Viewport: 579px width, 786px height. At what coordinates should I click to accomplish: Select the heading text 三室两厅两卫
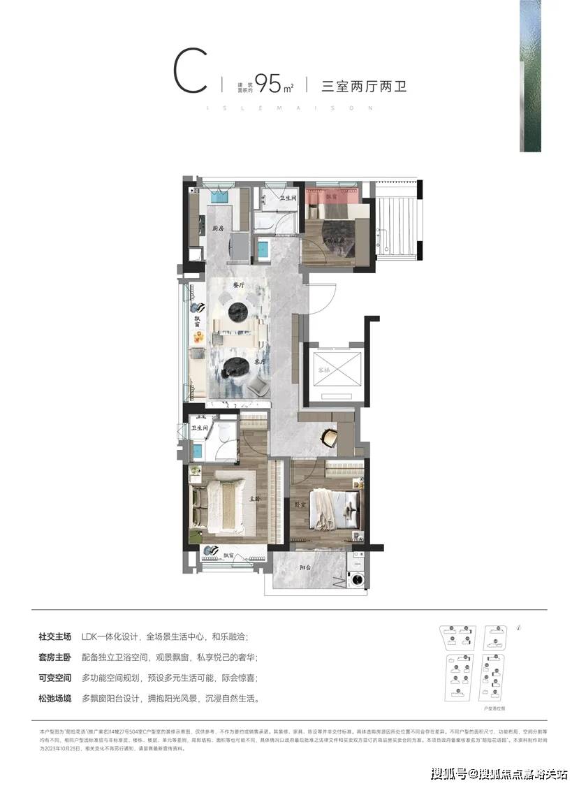(363, 87)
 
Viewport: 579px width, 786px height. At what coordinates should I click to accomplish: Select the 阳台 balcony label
(305, 568)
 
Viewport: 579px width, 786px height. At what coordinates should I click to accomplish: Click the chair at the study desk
(329, 437)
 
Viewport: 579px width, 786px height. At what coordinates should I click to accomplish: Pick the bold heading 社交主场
(55, 637)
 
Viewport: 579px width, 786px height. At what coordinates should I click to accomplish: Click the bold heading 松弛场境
(55, 697)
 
